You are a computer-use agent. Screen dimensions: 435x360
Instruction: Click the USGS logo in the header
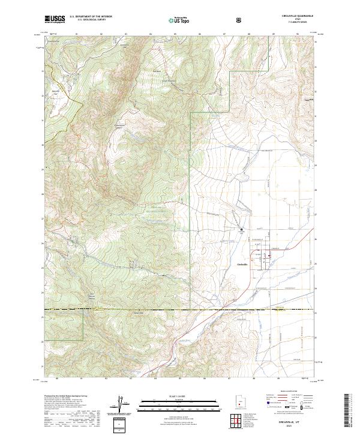pos(55,20)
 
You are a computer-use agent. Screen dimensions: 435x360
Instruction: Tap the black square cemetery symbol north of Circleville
pos(242,229)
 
